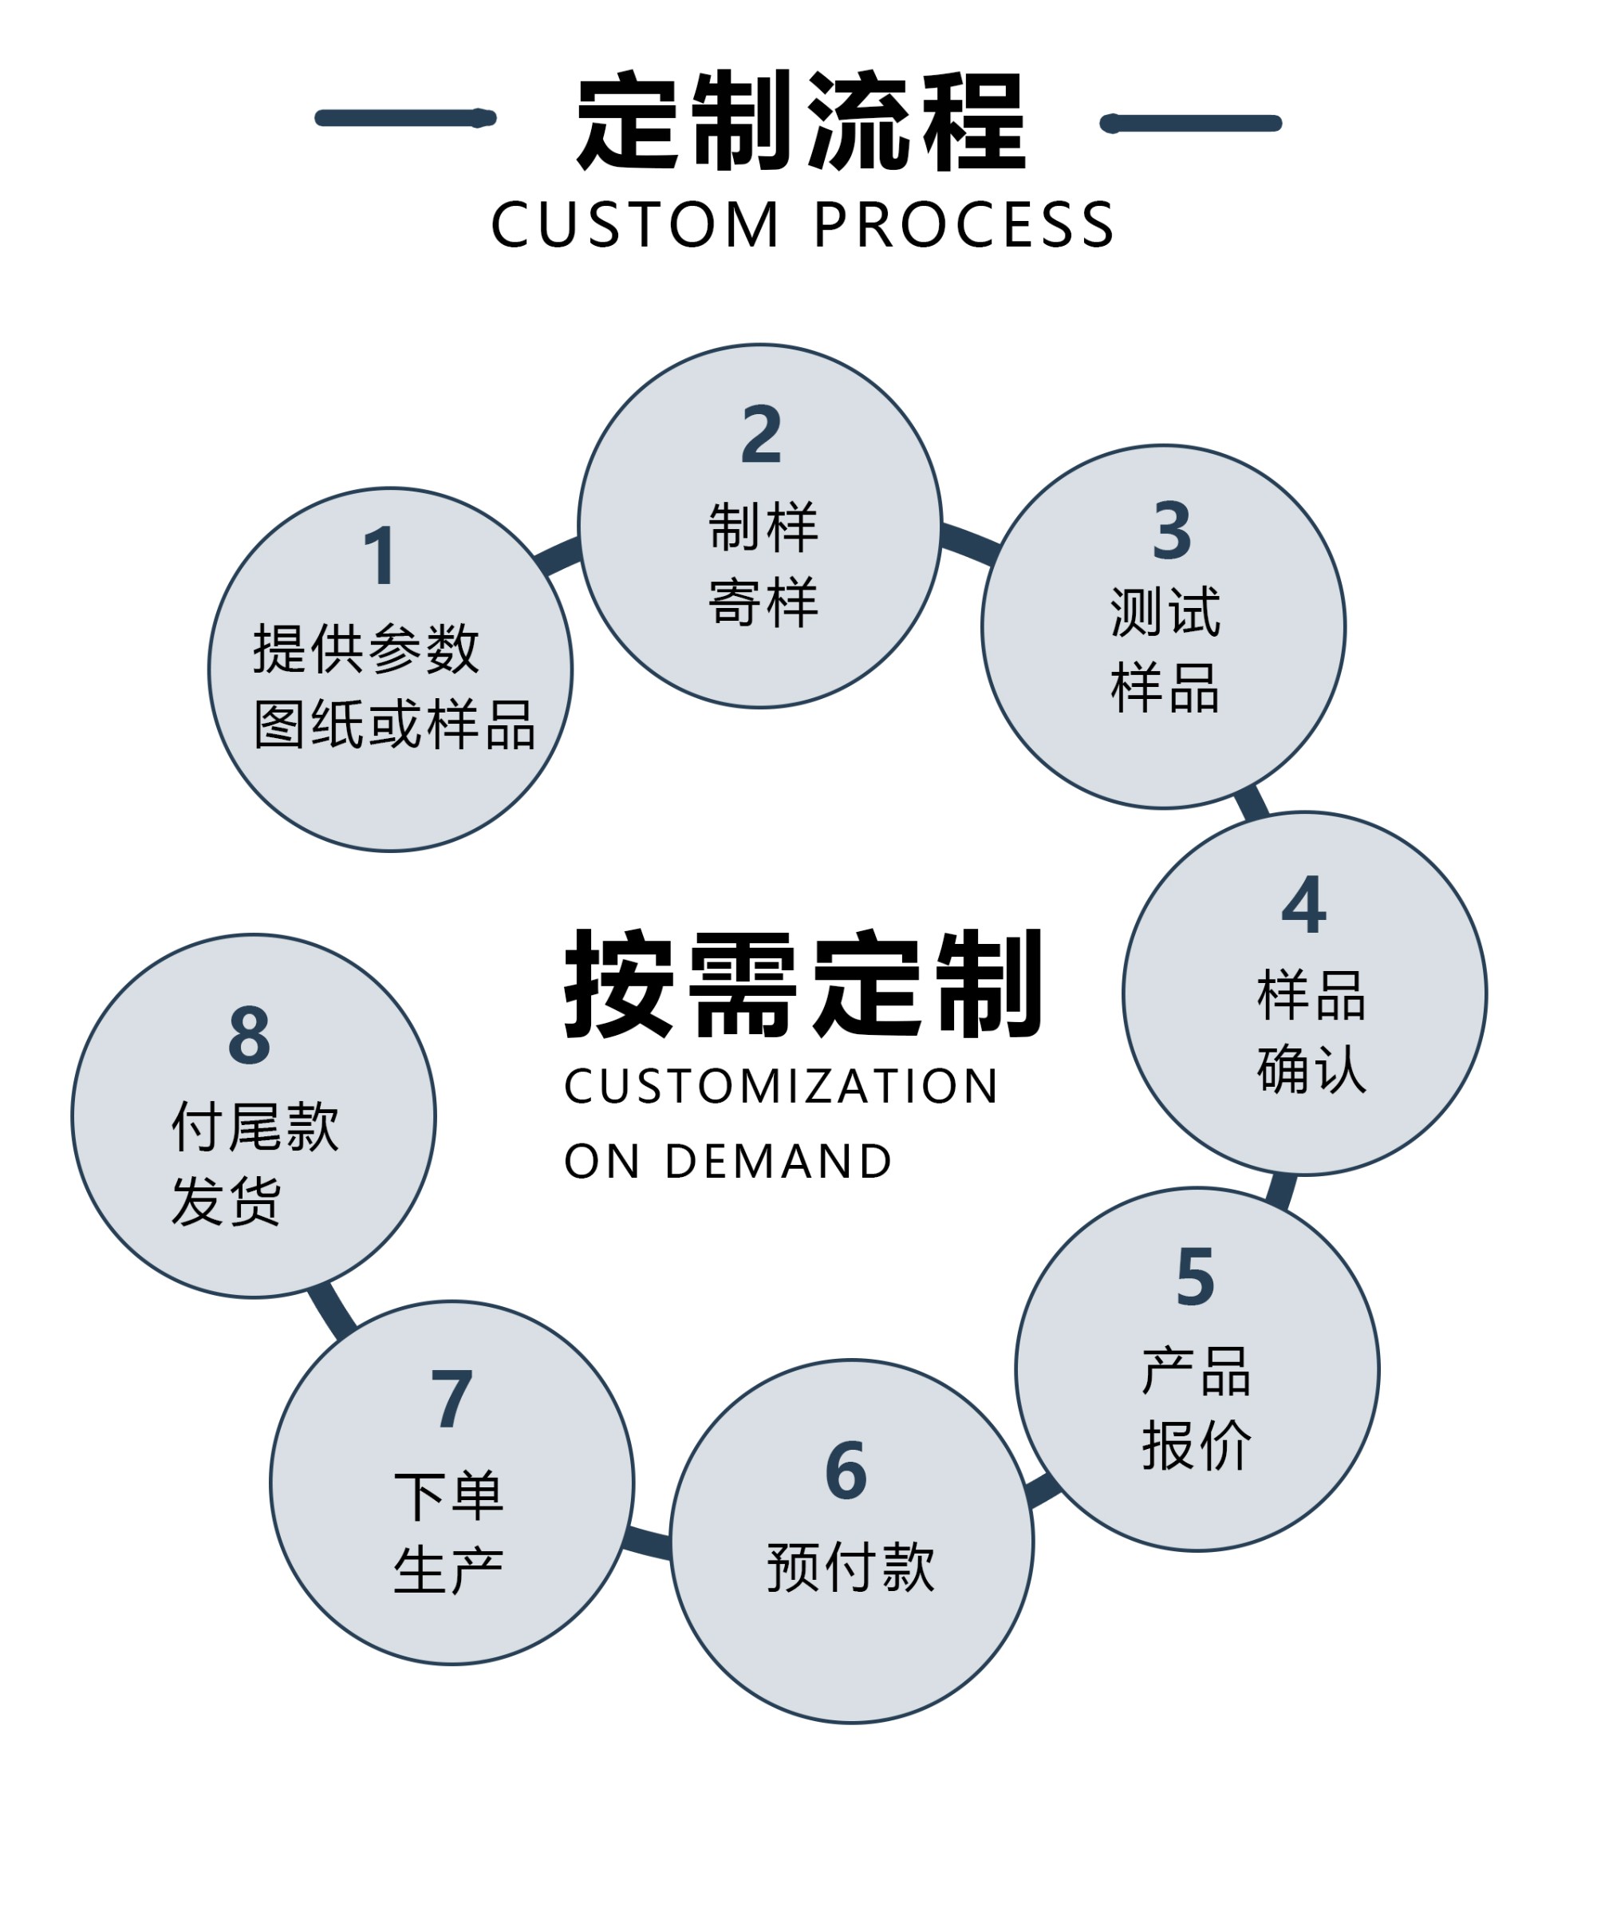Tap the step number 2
[x=761, y=434]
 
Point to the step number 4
[x=1303, y=905]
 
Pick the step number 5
[x=1195, y=1277]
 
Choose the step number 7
[x=452, y=1399]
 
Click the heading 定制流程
[x=802, y=120]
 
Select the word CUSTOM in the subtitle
[x=635, y=224]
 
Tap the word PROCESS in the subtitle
[x=964, y=224]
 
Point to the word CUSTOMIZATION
[x=781, y=1086]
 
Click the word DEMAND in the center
[x=779, y=1161]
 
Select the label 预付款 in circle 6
[x=850, y=1568]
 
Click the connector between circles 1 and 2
[x=558, y=555]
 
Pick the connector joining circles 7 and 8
[x=332, y=1311]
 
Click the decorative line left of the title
[x=404, y=117]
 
